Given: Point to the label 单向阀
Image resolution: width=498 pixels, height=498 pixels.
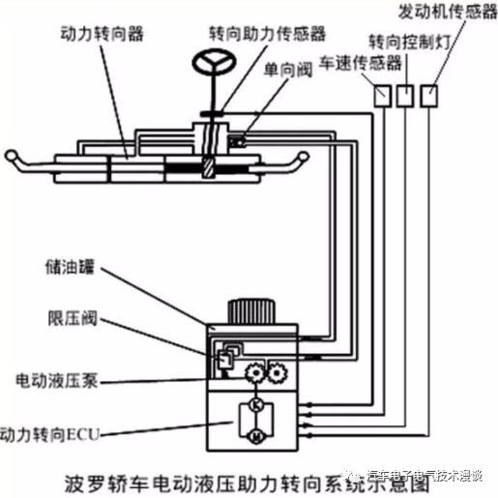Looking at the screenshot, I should (281, 73).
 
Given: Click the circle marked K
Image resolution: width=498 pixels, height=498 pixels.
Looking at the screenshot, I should (256, 403).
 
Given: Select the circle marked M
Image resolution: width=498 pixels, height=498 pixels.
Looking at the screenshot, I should (256, 436).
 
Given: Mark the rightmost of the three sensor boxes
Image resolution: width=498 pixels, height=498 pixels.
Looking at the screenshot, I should (430, 95).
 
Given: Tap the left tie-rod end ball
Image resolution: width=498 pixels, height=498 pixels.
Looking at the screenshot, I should (14, 157).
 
